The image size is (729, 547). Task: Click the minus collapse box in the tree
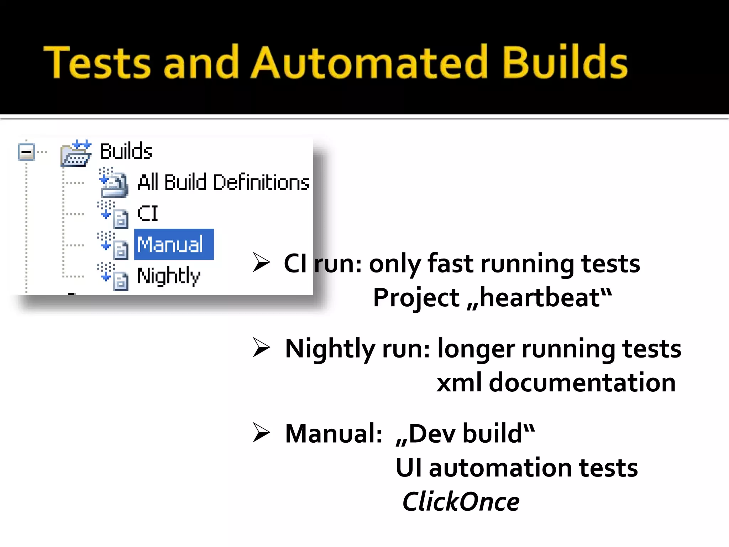coord(26,152)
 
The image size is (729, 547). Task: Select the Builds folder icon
coord(76,153)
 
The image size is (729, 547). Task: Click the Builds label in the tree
coord(126,151)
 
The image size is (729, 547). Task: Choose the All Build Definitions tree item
coord(223,182)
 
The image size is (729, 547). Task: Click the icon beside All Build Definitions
coord(113,183)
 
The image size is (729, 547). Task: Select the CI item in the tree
coord(147,214)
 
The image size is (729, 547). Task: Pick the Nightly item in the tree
coord(169,276)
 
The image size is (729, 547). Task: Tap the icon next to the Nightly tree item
coord(113,276)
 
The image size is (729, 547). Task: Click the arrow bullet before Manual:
coord(261,433)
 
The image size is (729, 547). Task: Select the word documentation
coord(582,382)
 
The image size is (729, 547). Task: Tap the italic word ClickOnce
coord(461,502)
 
